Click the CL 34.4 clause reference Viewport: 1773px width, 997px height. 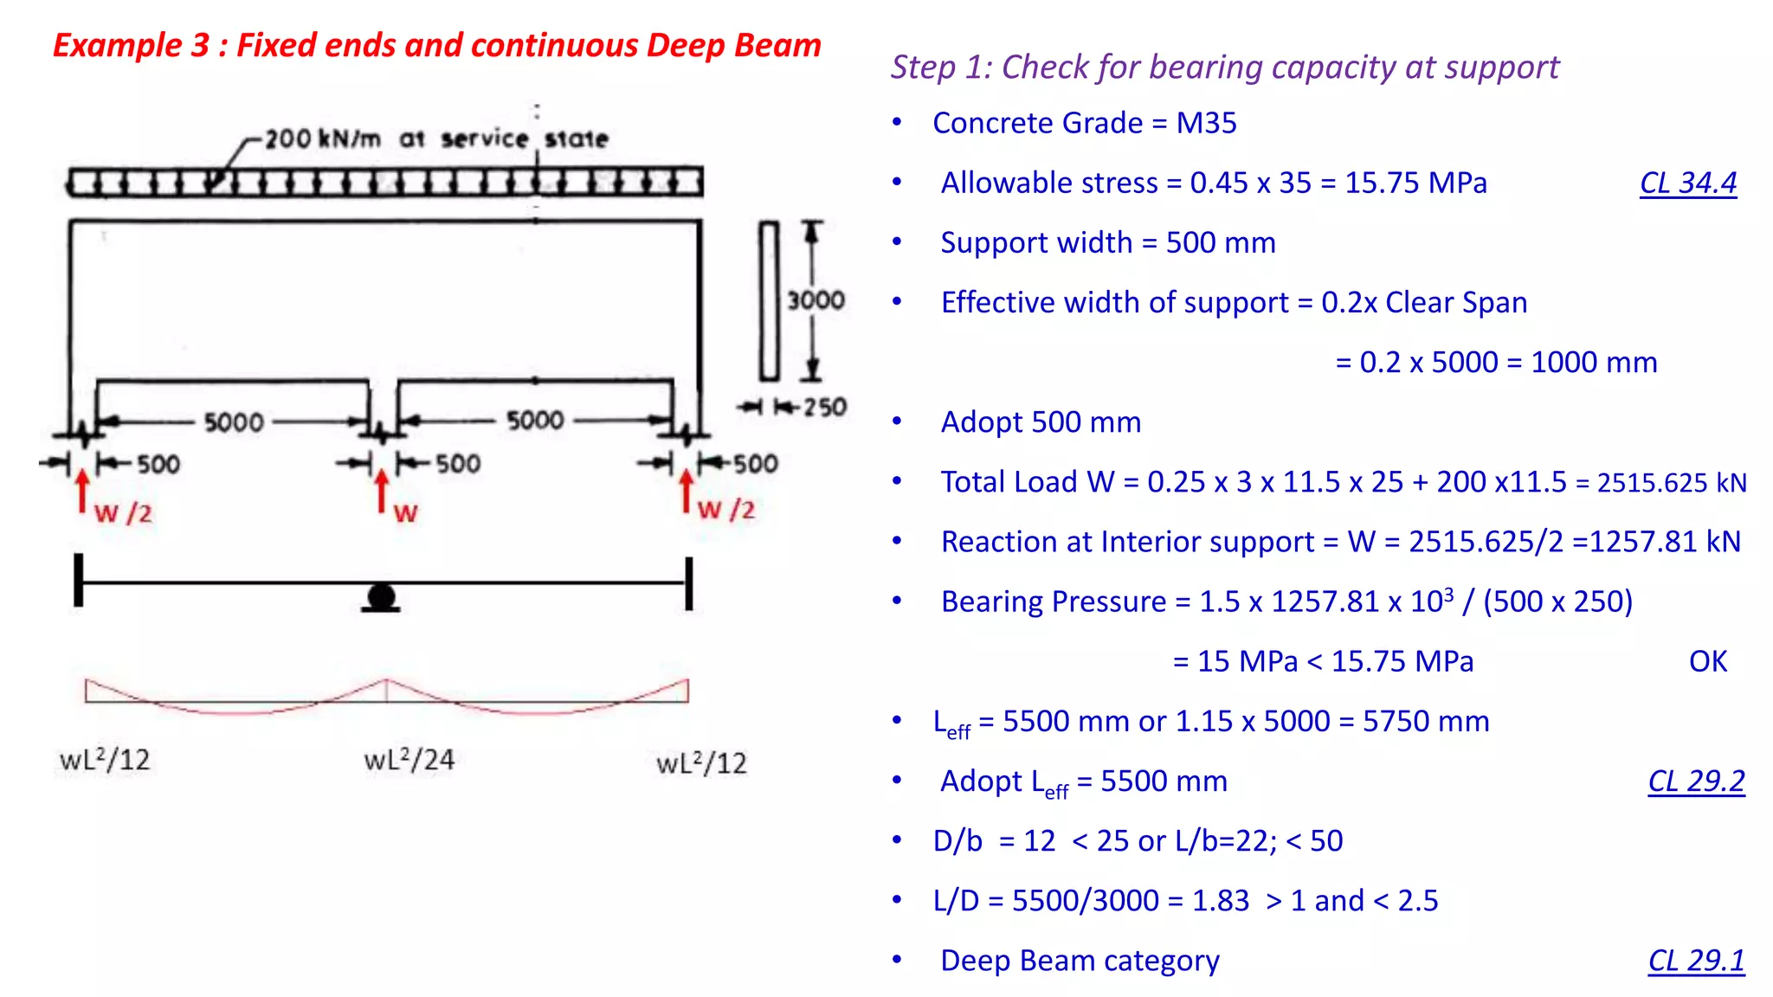point(1688,183)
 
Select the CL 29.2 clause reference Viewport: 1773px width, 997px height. point(1696,781)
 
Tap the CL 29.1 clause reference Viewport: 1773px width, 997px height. point(1696,960)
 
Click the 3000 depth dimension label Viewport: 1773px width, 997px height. point(816,300)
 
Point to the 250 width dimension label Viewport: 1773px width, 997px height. point(824,407)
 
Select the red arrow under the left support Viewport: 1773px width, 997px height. point(82,491)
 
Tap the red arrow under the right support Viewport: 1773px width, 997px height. point(687,491)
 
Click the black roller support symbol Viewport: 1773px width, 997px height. point(381,597)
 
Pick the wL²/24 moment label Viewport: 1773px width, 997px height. point(409,760)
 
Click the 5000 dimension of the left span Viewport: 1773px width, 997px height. point(234,422)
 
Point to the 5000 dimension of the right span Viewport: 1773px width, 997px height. point(535,421)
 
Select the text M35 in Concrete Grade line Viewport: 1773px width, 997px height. point(1206,123)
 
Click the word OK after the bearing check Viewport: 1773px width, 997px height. point(1707,661)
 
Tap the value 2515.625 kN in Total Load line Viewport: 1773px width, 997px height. point(1672,482)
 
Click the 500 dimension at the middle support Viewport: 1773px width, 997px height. point(457,464)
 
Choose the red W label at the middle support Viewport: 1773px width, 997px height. point(405,512)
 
